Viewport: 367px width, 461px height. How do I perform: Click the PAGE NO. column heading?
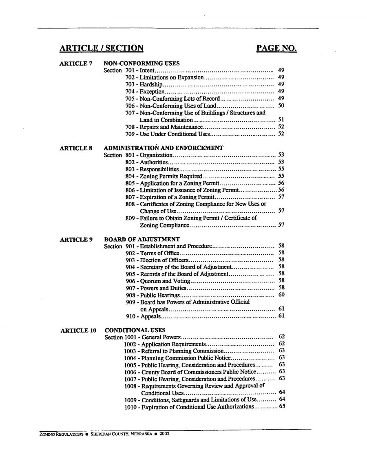tap(276, 49)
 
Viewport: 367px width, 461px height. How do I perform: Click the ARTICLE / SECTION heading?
tap(102, 49)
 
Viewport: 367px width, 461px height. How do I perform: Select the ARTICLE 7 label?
tap(76, 64)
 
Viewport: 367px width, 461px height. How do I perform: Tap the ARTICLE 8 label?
tap(76, 148)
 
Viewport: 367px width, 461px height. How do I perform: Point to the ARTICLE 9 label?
tap(76, 239)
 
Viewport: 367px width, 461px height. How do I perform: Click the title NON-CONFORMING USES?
tap(141, 64)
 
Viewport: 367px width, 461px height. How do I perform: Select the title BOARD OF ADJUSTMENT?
tap(142, 239)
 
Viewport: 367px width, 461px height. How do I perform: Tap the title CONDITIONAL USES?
tap(135, 330)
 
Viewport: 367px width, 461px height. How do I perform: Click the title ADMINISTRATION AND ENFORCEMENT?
tap(164, 148)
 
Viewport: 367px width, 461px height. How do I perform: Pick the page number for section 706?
tap(281, 106)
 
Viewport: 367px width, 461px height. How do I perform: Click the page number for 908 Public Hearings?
tap(281, 294)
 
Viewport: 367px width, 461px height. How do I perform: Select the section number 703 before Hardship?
tap(130, 84)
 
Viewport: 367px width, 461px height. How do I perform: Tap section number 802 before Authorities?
tap(130, 162)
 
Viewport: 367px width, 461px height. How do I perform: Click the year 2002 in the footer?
tap(164, 434)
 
